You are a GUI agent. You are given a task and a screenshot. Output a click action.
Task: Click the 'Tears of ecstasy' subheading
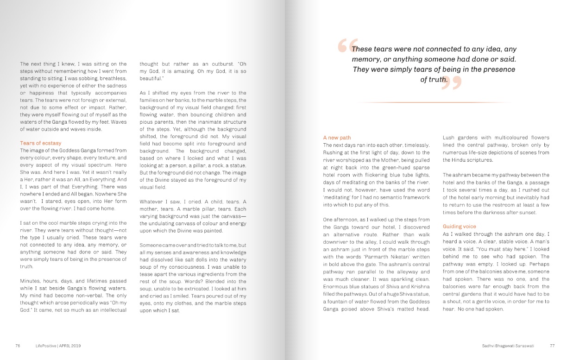(41, 143)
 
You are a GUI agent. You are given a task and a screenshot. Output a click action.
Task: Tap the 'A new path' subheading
(337, 138)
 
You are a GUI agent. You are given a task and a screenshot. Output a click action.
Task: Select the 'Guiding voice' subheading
(459, 227)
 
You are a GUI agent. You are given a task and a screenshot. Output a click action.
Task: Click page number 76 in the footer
(18, 346)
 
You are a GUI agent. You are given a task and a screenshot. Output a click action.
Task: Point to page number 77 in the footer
(552, 346)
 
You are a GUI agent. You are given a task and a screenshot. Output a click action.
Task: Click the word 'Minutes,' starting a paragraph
(31, 281)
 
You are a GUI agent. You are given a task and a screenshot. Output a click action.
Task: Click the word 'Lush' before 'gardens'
(448, 138)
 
